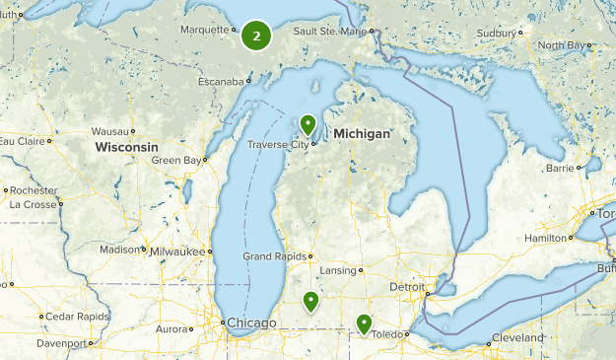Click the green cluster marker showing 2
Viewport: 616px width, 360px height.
[256, 36]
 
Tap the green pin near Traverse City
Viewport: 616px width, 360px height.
[308, 125]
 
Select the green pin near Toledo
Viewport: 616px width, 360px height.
[364, 323]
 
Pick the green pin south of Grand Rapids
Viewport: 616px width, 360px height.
[310, 302]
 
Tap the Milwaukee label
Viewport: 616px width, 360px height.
[181, 252]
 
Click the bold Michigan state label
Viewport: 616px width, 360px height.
[363, 132]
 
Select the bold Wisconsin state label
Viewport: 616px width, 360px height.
[126, 147]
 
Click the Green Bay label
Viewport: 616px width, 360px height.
[176, 160]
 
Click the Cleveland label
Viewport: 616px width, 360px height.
[518, 337]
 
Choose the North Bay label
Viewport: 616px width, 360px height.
[563, 45]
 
